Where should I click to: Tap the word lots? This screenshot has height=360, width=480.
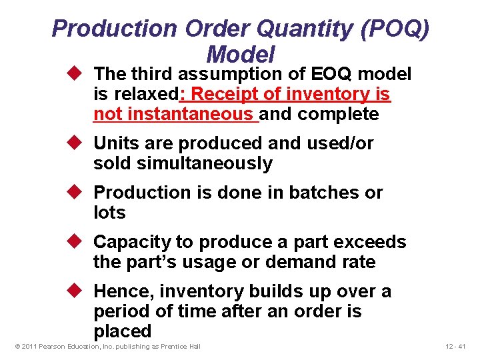pyautogui.click(x=109, y=213)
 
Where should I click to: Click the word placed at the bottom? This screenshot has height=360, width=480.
pyautogui.click(x=123, y=331)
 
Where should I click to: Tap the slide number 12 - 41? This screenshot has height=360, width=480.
pyautogui.click(x=457, y=346)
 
